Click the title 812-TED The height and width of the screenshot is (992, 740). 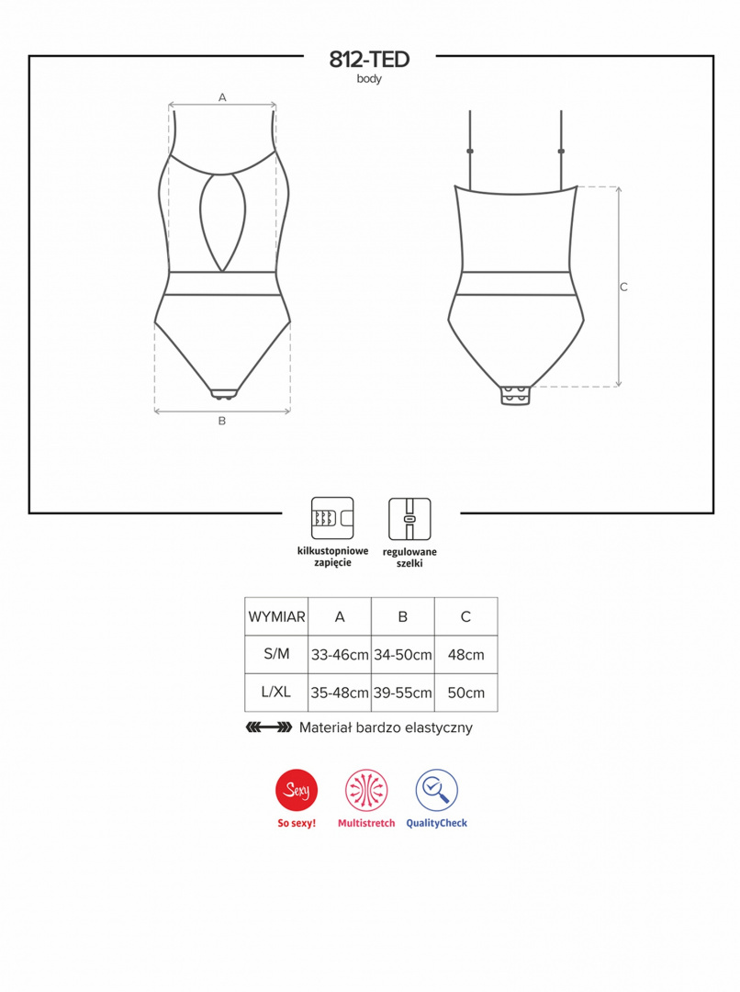pyautogui.click(x=369, y=60)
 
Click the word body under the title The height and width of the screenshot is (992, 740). pyautogui.click(x=369, y=79)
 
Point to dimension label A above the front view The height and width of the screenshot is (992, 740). pyautogui.click(x=222, y=97)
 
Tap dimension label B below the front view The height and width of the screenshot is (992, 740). pyautogui.click(x=222, y=421)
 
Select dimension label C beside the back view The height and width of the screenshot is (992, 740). pyautogui.click(x=623, y=287)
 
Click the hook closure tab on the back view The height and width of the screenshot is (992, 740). pyautogui.click(x=515, y=395)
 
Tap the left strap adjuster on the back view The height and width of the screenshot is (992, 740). pyautogui.click(x=470, y=152)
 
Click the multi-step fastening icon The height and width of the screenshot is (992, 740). pyautogui.click(x=332, y=518)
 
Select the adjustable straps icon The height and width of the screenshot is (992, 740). pyautogui.click(x=409, y=519)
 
